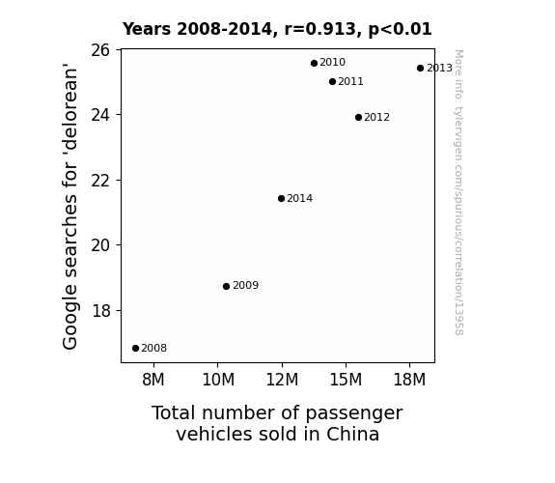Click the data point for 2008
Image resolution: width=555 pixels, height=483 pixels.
pos(135,349)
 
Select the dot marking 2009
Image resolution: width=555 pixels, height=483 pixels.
pos(226,286)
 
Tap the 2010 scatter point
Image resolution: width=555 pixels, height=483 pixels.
pos(314,64)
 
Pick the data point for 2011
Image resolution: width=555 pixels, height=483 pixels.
pos(332,82)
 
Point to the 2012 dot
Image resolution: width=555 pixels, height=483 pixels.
pos(358,117)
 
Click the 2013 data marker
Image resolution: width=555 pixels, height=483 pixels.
pos(420,68)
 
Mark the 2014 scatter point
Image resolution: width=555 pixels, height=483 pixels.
pos(281,198)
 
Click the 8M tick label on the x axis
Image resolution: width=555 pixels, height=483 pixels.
pos(153,380)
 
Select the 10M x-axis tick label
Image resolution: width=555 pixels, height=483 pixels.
pos(218,380)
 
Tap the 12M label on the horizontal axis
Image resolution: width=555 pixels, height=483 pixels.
pos(282,380)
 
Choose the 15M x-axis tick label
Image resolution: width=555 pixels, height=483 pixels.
pos(346,380)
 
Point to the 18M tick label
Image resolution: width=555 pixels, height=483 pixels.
pos(409,380)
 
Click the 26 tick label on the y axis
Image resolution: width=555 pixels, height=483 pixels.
pos(100,50)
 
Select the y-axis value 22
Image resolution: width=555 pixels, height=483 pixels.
pos(100,181)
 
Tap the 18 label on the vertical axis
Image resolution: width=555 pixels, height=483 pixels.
pos(100,311)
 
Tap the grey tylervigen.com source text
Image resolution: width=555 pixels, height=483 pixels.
pos(458,192)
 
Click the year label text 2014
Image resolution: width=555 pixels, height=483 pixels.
pos(300,198)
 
